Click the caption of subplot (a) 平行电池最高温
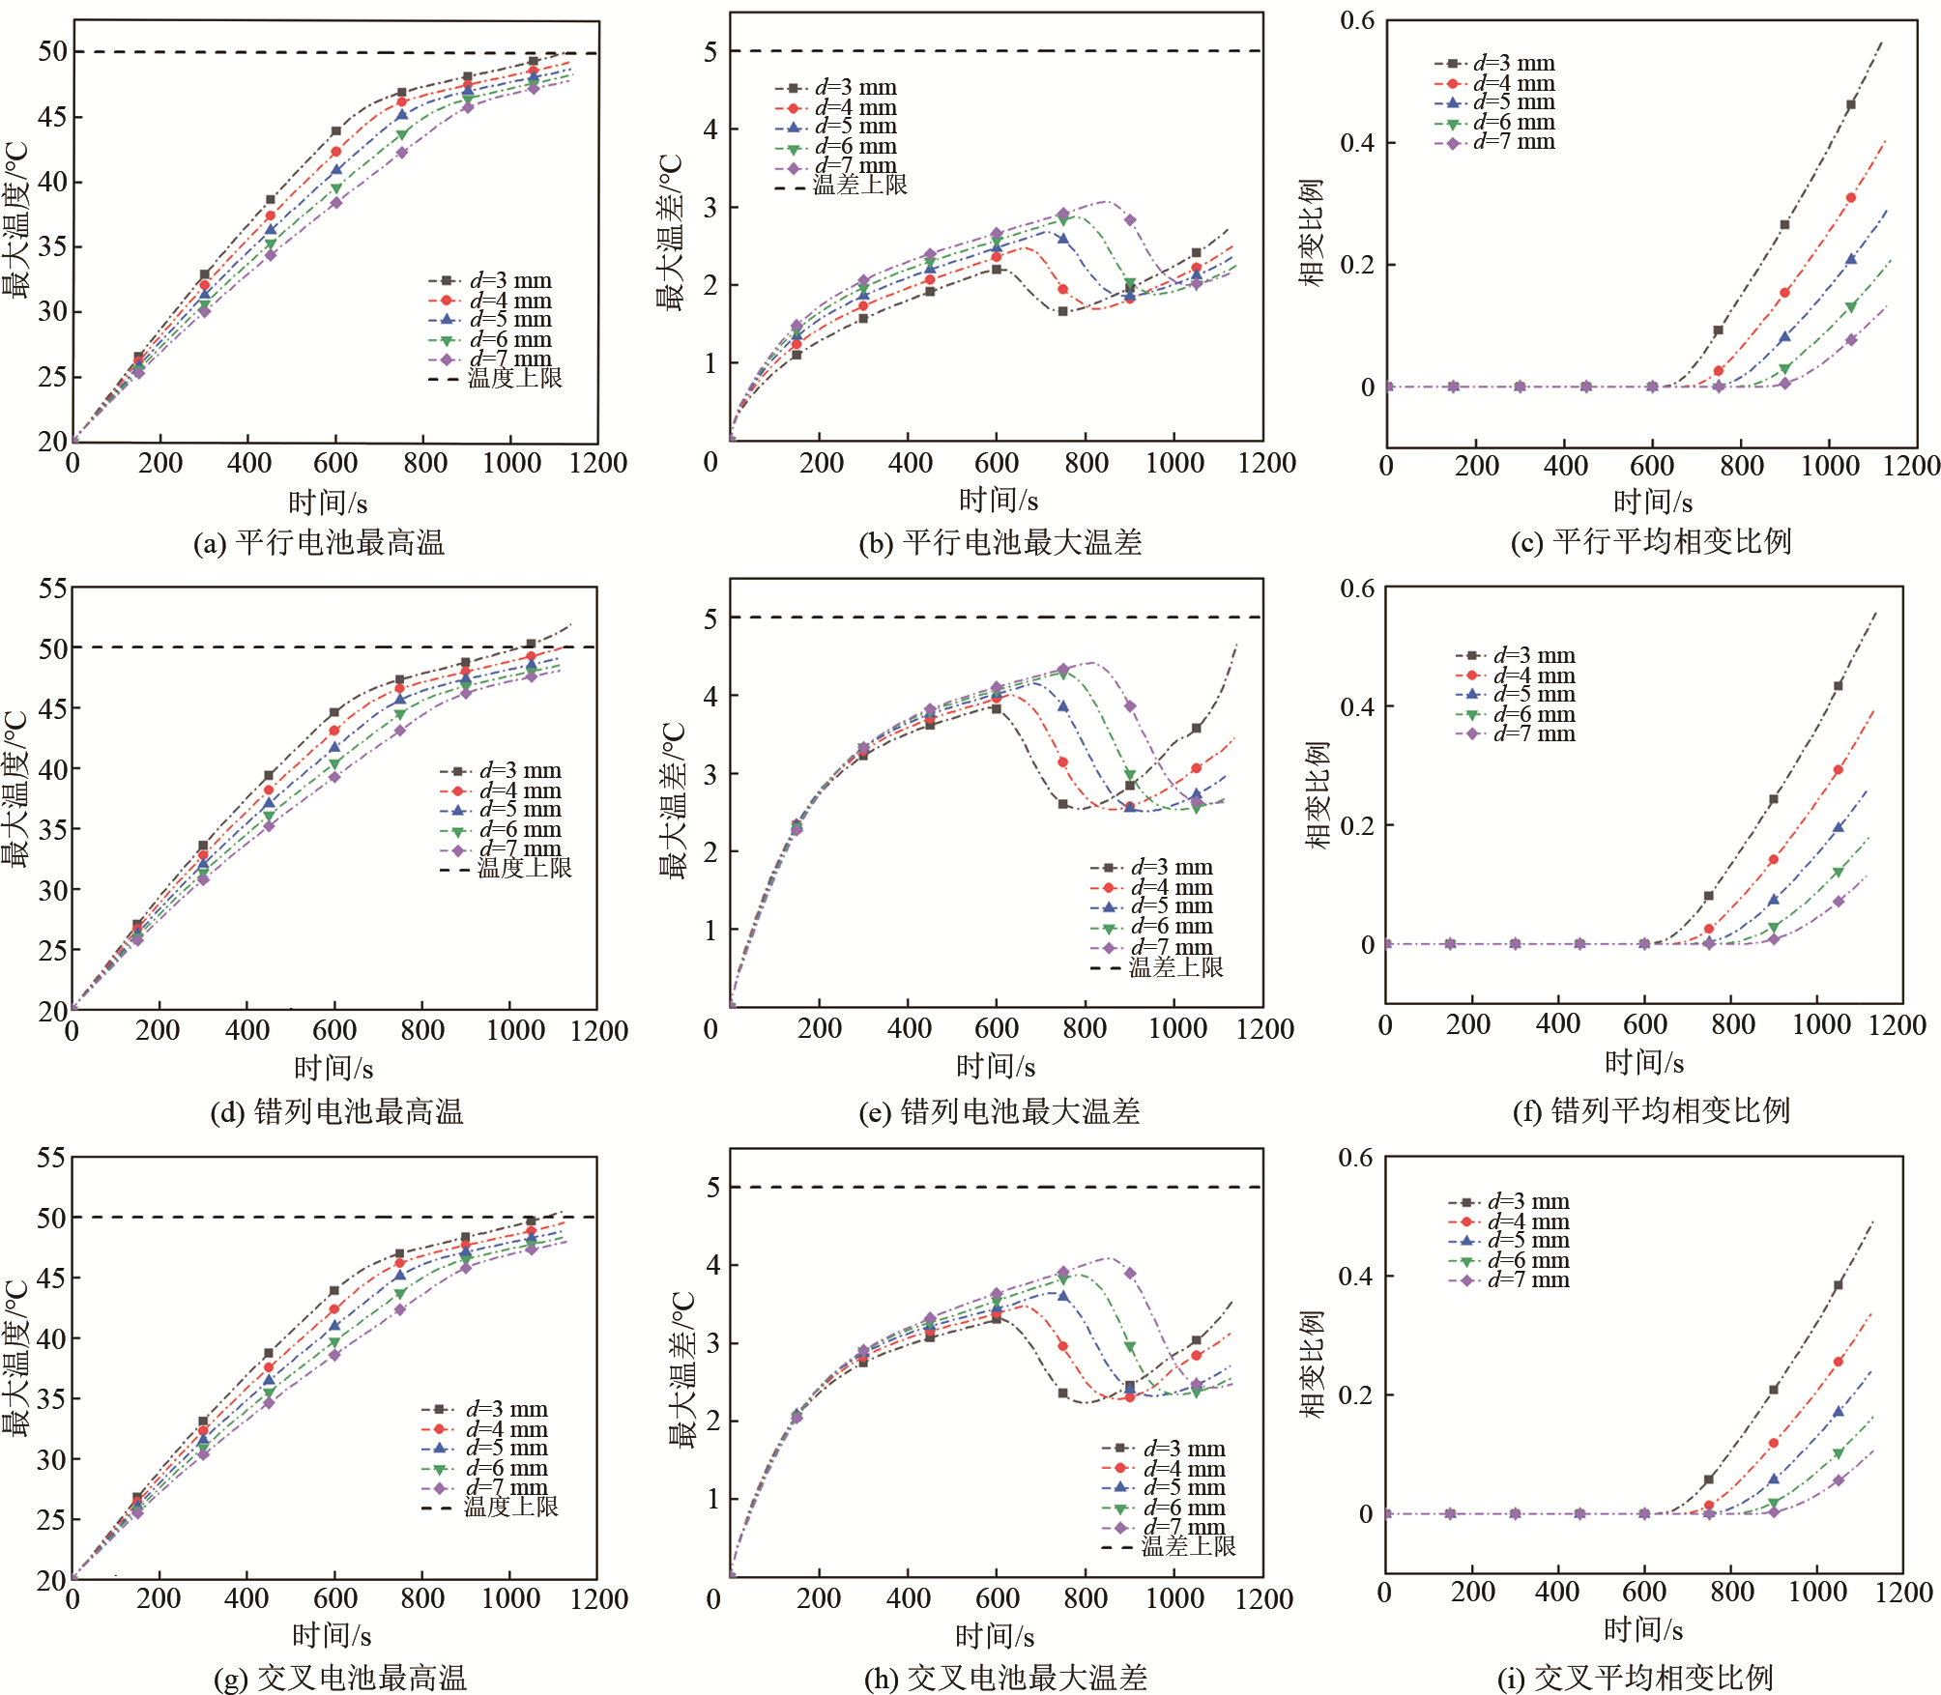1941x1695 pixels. click(x=319, y=543)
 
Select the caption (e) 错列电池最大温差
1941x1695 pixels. click(x=999, y=1112)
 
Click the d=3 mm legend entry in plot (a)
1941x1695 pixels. click(x=491, y=280)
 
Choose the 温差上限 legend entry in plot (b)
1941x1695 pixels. click(x=841, y=186)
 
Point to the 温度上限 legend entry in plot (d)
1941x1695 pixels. click(x=507, y=868)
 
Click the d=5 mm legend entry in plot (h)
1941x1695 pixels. click(x=1164, y=1487)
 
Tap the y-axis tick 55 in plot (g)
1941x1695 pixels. click(x=51, y=1158)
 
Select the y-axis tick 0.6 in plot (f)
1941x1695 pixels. click(x=1357, y=589)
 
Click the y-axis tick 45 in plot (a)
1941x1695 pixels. click(x=53, y=117)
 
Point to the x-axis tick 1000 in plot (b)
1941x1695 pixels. click(x=1174, y=464)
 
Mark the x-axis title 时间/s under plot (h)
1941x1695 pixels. click(x=995, y=1636)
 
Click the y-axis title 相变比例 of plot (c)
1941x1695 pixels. click(x=1311, y=232)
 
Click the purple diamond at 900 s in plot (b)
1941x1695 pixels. click(x=1130, y=220)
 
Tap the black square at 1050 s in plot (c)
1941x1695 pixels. click(x=1851, y=105)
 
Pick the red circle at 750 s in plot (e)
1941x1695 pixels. click(x=1063, y=762)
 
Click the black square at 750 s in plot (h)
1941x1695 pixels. click(x=1063, y=1393)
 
